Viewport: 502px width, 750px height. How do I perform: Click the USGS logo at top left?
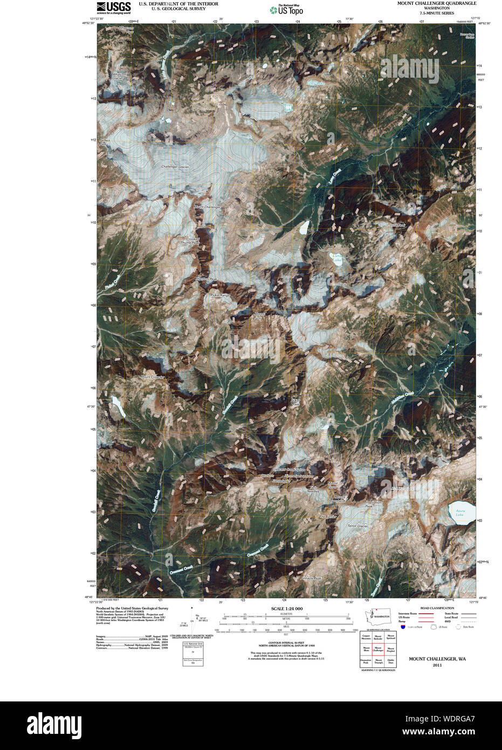tap(113, 7)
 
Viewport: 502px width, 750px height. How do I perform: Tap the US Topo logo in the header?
tap(286, 9)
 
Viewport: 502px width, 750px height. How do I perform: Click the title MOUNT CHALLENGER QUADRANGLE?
tap(437, 3)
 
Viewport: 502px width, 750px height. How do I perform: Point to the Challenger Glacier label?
tap(175, 167)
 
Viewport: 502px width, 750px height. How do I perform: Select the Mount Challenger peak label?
tap(208, 207)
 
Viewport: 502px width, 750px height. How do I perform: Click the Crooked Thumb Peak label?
tap(192, 241)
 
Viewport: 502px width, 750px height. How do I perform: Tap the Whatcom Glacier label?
tap(119, 77)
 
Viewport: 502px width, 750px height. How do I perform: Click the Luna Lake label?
tap(336, 258)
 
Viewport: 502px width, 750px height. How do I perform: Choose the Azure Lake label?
tap(459, 513)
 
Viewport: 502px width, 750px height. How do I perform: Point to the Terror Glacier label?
tap(357, 526)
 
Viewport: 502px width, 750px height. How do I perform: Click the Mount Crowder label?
tap(152, 377)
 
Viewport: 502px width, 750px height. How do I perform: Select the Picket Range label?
tap(220, 295)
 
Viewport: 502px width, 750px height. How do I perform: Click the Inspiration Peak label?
tap(373, 504)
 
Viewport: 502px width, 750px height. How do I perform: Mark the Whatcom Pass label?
tap(126, 30)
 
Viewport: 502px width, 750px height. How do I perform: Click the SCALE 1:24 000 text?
tap(287, 609)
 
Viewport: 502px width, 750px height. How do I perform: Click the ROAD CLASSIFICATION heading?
tap(437, 608)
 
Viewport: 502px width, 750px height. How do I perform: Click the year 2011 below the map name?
tap(437, 665)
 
